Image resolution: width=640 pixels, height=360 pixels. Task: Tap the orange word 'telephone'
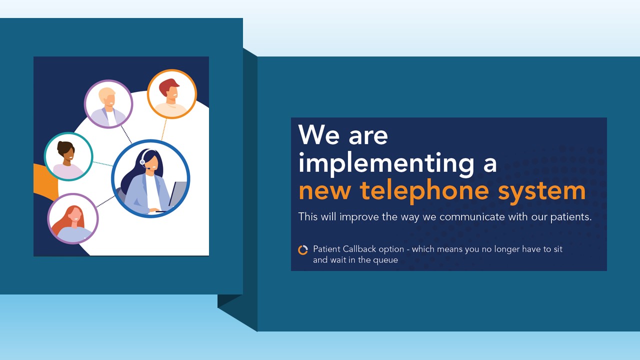424,192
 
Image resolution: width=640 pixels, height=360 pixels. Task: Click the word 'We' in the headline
319,134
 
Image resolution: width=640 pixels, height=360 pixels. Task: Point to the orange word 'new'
325,192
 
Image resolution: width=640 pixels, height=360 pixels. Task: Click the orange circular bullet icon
303,250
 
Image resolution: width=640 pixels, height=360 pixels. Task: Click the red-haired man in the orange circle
171,94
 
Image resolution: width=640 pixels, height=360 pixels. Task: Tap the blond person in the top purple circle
108,104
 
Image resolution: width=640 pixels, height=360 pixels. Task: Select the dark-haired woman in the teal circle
68,156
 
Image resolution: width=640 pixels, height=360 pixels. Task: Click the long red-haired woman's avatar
73,219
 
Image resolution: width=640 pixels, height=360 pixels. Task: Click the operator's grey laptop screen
177,194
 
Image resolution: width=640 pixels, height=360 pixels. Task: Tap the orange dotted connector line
163,129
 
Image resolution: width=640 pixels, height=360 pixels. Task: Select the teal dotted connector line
103,164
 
